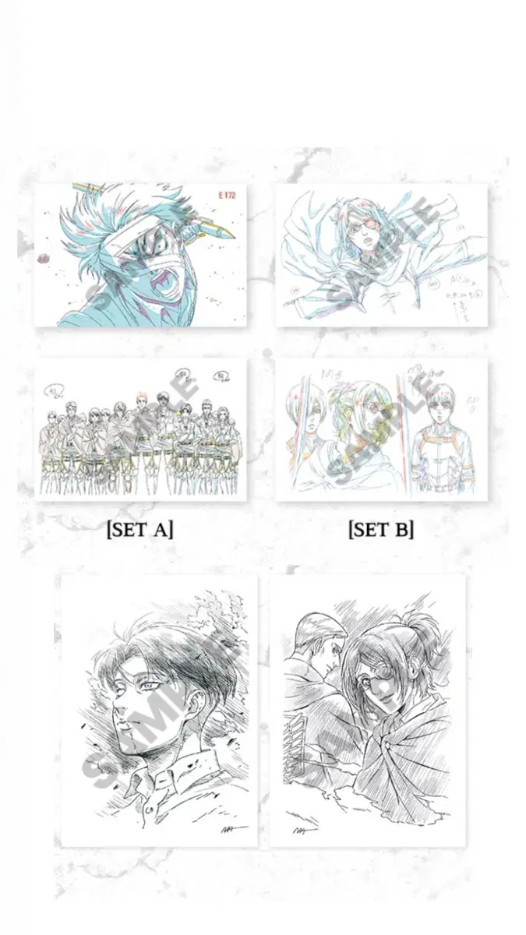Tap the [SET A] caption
tap(139, 530)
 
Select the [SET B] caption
tap(381, 530)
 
